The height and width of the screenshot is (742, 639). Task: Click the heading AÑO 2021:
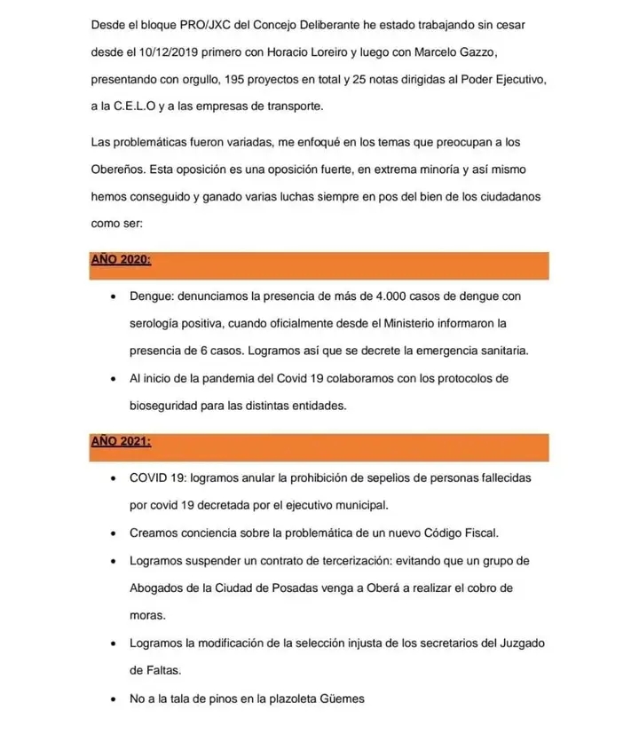click(121, 441)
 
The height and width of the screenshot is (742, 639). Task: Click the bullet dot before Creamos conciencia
click(111, 534)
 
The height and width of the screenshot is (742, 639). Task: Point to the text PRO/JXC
click(187, 24)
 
